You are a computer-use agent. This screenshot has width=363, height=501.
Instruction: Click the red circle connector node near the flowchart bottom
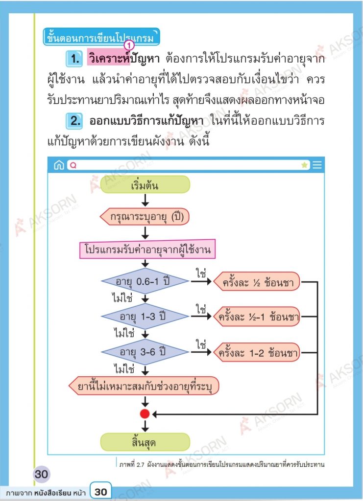pos(145,414)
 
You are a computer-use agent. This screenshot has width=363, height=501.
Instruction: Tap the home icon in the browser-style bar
pos(59,165)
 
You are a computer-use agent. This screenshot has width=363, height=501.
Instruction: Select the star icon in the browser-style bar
pos(305,165)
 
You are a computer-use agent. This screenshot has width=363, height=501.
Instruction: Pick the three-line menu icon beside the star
pos(317,165)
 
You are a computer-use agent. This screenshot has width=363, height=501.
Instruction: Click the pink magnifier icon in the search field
pos(73,165)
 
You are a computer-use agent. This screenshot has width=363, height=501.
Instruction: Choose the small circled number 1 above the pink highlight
pos(129,46)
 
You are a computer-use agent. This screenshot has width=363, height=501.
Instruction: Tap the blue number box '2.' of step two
pos(74,121)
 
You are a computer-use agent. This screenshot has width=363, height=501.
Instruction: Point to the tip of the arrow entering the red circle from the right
pos(152,414)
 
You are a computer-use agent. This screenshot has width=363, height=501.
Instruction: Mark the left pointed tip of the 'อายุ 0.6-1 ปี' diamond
pos(101,281)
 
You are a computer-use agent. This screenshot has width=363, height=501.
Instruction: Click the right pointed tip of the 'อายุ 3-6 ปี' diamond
pos(189,352)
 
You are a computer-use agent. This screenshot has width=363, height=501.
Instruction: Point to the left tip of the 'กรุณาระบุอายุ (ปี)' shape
pos(100,217)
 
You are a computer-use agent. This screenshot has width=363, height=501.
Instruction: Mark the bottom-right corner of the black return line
pos(317,414)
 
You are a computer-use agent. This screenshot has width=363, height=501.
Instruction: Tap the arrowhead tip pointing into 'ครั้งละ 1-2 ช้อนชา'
pos(212,352)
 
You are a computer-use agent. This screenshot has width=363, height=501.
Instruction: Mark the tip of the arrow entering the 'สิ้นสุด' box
pos(145,432)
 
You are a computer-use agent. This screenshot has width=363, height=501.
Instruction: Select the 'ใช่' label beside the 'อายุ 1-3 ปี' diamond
pos(201,309)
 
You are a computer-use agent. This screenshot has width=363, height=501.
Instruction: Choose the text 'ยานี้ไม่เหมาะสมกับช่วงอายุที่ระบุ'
pos(145,387)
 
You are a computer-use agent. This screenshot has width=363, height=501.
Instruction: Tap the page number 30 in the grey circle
pos(41,474)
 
